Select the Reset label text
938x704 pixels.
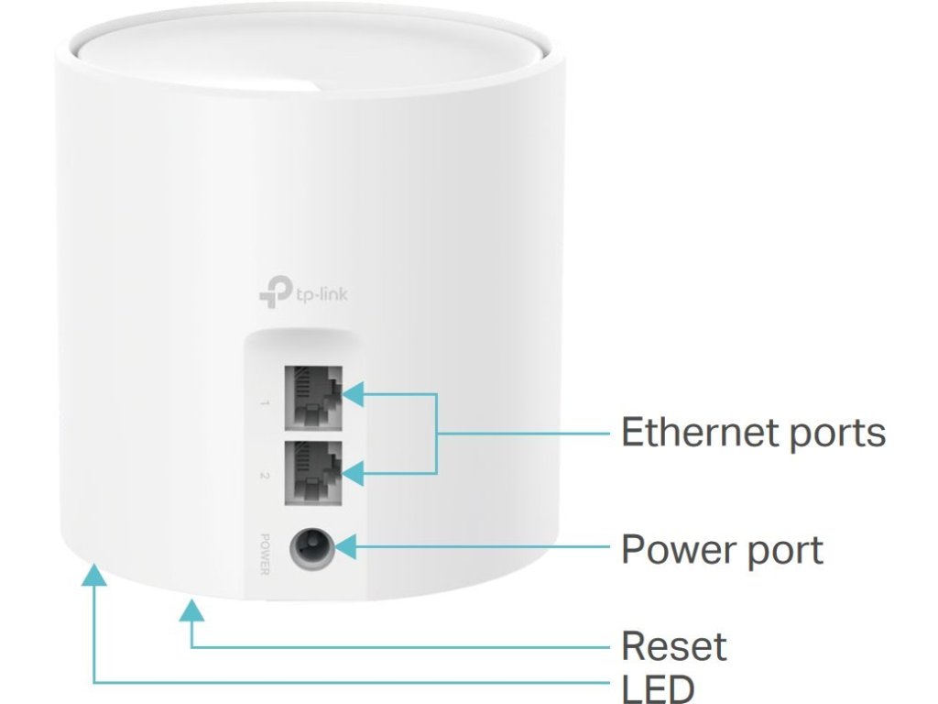click(673, 646)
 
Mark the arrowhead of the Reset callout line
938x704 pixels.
click(191, 610)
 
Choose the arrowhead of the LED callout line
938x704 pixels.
click(93, 576)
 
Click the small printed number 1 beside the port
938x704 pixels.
click(264, 402)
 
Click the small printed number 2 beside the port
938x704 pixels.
click(264, 476)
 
